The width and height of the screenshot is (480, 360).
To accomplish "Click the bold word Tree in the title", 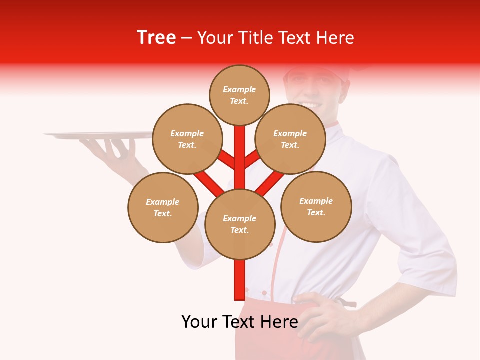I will point(156,37).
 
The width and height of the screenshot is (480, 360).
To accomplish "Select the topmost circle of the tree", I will point(239,95).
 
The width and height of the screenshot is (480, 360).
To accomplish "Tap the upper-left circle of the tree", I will point(187,139).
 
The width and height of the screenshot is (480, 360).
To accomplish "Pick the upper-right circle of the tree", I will point(290,139).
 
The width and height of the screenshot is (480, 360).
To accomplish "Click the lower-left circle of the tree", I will point(163,207).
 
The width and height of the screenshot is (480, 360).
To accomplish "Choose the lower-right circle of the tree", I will point(316,206).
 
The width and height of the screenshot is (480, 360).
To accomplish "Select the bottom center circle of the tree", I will point(240,224).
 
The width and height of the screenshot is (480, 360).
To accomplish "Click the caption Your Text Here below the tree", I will point(240,322).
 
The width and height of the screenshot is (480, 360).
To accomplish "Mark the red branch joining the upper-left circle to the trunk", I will point(227,160).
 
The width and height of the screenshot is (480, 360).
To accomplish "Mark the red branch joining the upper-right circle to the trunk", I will point(251,160).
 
